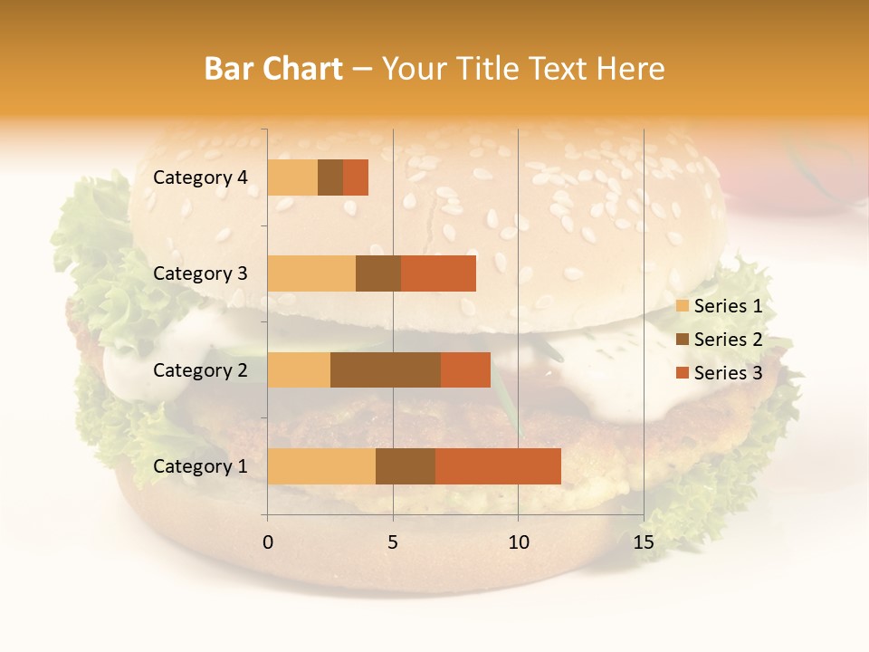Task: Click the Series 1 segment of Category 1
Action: (321, 466)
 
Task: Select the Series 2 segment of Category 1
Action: (406, 466)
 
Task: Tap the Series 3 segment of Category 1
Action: (498, 466)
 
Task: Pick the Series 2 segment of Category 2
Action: (386, 369)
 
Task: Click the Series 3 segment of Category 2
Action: (465, 369)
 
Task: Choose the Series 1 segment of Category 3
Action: (311, 273)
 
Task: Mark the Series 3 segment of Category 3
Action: (438, 273)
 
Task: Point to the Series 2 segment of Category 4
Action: (330, 177)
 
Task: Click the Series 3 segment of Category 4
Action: (356, 177)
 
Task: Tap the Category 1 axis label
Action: (200, 466)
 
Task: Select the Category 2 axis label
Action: (200, 369)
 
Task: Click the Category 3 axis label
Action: (200, 273)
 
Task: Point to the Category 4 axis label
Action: (200, 177)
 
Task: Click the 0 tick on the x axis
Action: (268, 542)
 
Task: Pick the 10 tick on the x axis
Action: (518, 542)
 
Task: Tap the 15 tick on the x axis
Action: (643, 542)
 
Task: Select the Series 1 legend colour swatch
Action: (682, 306)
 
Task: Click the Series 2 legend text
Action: (728, 340)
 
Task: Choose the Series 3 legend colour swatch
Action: (682, 373)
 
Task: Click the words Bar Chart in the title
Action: (273, 69)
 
